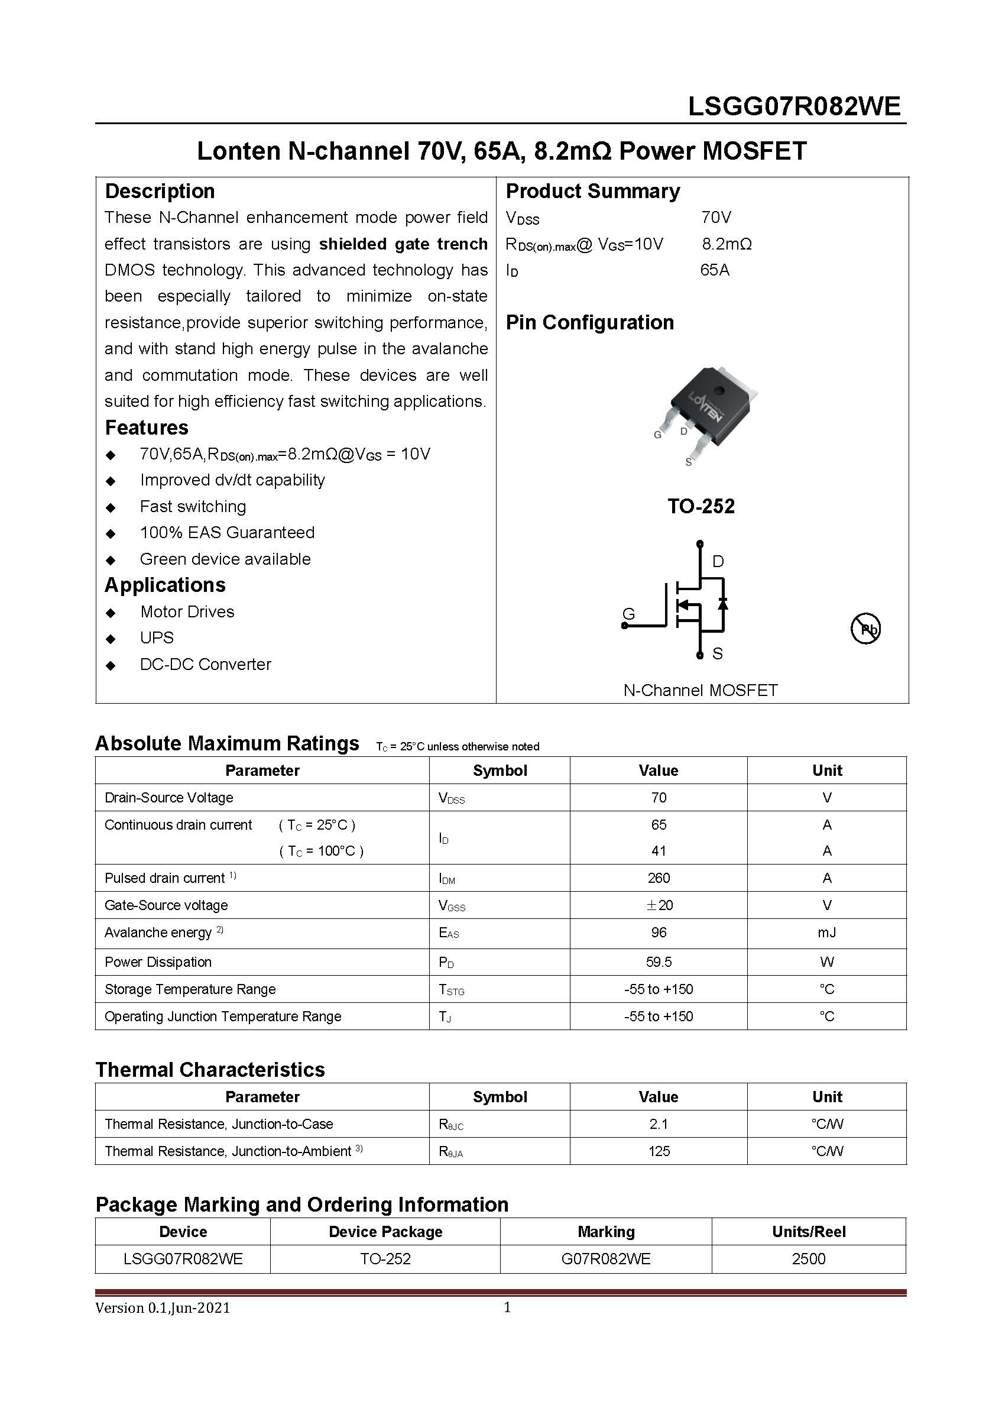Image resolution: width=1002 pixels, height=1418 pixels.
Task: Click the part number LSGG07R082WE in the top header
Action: [x=794, y=107]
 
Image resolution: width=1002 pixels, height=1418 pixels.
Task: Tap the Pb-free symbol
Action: [x=865, y=629]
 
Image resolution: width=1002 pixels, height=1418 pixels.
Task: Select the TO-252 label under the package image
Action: [x=701, y=506]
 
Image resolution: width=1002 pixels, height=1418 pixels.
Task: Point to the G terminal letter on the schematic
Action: [x=628, y=614]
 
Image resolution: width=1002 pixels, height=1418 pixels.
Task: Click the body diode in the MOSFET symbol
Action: [x=723, y=603]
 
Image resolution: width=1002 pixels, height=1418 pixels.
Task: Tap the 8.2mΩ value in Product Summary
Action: [x=727, y=244]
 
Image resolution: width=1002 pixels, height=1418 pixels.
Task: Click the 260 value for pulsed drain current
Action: [x=658, y=878]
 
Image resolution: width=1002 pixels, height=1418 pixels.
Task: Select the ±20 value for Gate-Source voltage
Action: [x=658, y=905]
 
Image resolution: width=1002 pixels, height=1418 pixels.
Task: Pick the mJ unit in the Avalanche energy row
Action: [x=826, y=932]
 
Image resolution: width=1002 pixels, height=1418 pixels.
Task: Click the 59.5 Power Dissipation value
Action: [x=658, y=961]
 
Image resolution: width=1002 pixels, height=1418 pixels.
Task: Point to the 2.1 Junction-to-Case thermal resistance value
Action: [x=658, y=1124]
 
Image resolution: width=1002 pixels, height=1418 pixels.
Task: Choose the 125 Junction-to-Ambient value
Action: [x=658, y=1151]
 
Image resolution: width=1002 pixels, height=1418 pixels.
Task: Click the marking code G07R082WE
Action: [x=606, y=1259]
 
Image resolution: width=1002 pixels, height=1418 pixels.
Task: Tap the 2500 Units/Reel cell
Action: [x=808, y=1259]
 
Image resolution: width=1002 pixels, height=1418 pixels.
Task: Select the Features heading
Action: [x=147, y=428]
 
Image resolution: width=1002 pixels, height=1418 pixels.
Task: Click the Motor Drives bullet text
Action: [x=187, y=611]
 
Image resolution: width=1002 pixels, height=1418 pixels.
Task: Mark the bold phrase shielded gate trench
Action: [x=403, y=244]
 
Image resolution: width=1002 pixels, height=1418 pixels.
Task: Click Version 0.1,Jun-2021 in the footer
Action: [x=163, y=1307]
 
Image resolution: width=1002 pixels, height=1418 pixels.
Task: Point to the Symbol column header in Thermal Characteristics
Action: [x=500, y=1097]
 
